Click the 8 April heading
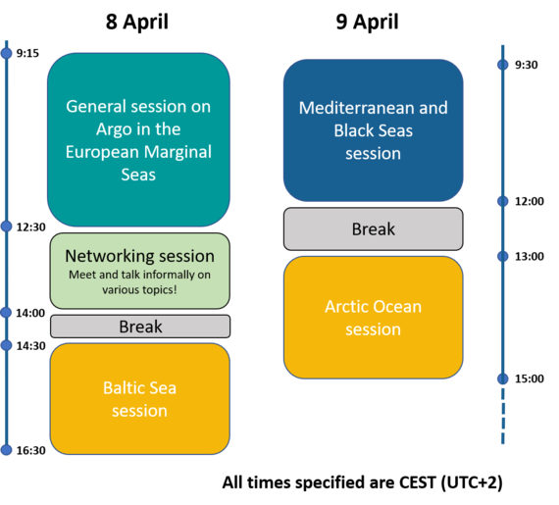[137, 23]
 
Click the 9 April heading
[367, 23]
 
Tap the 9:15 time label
[27, 54]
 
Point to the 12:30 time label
[31, 227]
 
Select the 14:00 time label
[30, 313]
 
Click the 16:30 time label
[31, 450]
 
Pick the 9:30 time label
[527, 65]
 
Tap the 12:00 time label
[530, 201]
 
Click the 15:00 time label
[530, 379]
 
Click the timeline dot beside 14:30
[7, 345]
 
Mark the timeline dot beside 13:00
[503, 256]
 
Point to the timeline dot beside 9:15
[7, 53]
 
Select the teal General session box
[138, 139]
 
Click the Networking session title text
[139, 256]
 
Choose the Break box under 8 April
[140, 327]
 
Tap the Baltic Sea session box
[139, 399]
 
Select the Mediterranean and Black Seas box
[374, 130]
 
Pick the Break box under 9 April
[374, 228]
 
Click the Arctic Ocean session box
[374, 317]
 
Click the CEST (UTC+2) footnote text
[363, 482]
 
